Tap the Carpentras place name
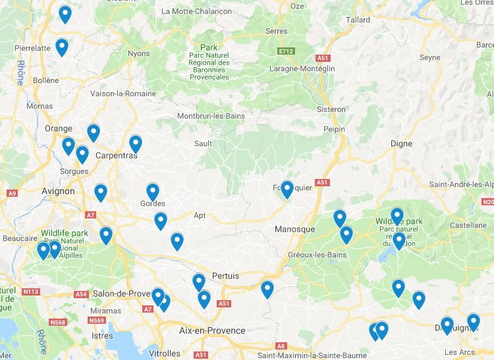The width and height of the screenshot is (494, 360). point(117,156)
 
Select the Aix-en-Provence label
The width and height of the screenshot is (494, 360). point(212,331)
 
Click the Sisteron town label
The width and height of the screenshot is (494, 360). point(331,109)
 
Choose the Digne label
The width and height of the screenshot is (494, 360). point(401,143)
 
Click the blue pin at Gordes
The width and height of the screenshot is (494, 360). point(153,192)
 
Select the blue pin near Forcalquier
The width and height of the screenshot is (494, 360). point(287,189)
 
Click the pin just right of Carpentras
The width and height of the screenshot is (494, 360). point(136,143)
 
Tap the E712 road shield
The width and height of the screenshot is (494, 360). point(285,50)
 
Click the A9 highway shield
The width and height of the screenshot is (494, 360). point(12,193)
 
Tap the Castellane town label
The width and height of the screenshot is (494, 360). point(468,225)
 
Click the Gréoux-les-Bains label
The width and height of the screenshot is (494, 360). point(317,255)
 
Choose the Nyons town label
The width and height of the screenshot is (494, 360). point(139,53)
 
